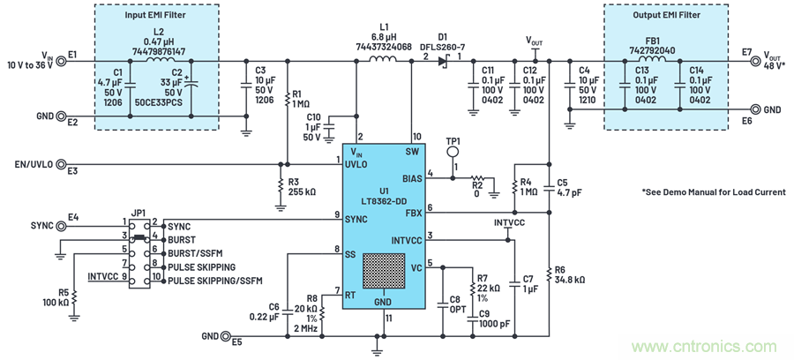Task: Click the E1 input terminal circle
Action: [x=61, y=61]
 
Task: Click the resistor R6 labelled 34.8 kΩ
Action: [x=549, y=274]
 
